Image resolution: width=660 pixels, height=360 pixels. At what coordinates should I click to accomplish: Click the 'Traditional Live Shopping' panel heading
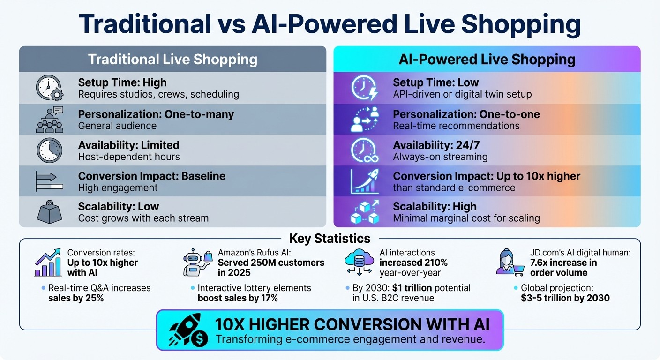(172, 60)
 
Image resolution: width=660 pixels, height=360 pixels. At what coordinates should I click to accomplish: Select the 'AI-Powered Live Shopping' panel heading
(487, 60)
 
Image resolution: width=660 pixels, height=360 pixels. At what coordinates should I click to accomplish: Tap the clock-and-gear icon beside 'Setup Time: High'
(49, 88)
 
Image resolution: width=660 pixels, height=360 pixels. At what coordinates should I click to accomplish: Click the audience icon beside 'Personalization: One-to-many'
(49, 119)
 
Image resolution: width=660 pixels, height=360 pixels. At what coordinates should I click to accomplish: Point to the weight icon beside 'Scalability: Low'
(49, 212)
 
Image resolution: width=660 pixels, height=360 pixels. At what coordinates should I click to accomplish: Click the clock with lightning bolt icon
(364, 88)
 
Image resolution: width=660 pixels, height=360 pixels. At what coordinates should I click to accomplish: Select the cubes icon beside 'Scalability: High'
(364, 212)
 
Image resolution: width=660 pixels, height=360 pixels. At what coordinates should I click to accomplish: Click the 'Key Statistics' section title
(330, 238)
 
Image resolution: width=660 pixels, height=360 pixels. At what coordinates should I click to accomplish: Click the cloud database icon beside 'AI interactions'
(358, 262)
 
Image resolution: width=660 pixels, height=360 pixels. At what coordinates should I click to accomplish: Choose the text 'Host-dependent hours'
(129, 157)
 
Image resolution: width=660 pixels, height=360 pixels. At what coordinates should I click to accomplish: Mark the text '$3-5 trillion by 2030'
(565, 298)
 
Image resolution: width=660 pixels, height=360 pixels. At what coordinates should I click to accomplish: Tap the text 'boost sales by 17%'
(238, 298)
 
